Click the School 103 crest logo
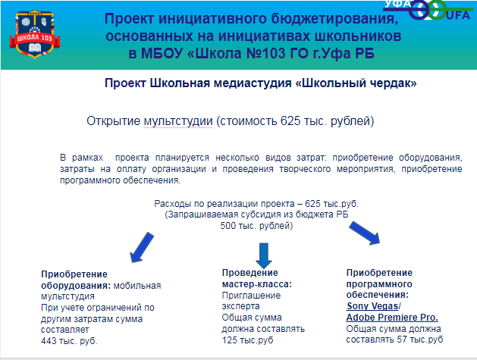35,34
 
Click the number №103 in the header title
266,54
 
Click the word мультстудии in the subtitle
178,121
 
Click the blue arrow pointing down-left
142,248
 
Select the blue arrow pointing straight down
264,255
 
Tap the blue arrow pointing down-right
365,233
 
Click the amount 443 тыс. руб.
69,341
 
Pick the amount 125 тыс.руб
248,340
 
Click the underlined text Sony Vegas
372,306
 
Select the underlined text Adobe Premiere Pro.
392,318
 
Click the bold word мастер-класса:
257,284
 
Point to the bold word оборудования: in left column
76,286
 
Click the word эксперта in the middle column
241,306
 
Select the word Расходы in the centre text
171,204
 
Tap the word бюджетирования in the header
334,19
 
